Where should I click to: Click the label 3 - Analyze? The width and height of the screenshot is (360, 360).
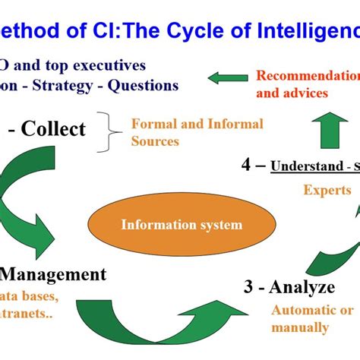289,287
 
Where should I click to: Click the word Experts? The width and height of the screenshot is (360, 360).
327,191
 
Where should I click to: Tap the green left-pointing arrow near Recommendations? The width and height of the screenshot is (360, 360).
228,77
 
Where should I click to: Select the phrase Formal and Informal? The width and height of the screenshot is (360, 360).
197,123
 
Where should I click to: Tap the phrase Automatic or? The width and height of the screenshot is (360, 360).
312,310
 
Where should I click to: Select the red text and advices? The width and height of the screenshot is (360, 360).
292,93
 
